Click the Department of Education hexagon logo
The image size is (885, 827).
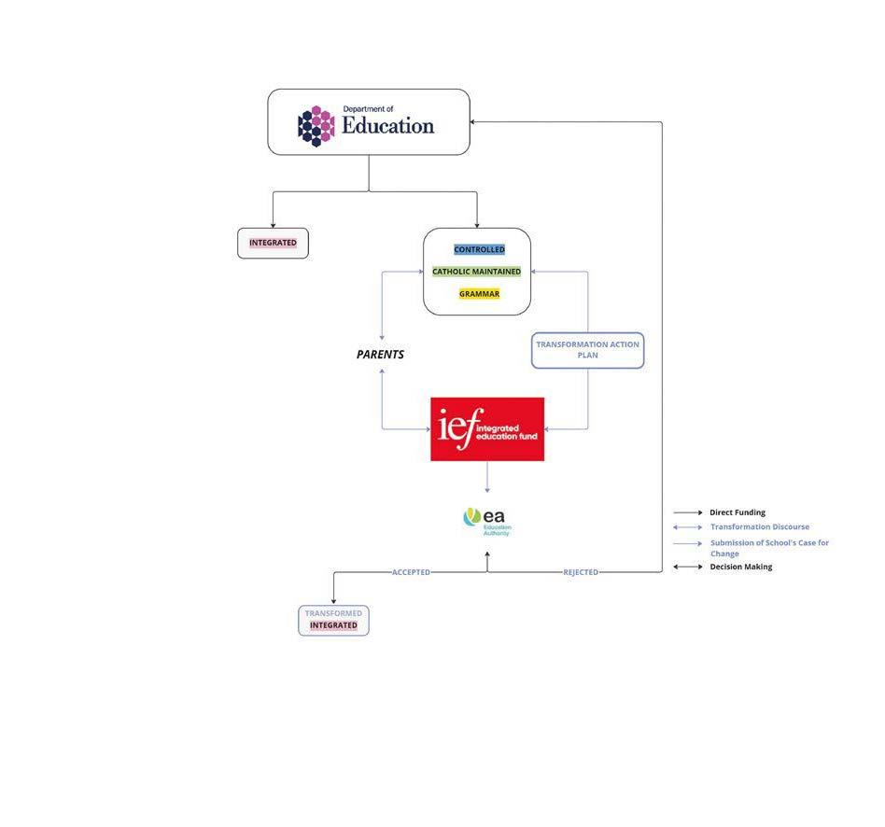(x=316, y=126)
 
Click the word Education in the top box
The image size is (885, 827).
(x=387, y=126)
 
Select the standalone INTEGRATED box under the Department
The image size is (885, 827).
(x=273, y=243)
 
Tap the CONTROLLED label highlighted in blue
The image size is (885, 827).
(x=479, y=249)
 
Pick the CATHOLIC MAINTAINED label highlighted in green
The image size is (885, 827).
(x=476, y=272)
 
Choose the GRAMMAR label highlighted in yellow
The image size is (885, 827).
(x=479, y=294)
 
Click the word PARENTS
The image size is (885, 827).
(x=380, y=355)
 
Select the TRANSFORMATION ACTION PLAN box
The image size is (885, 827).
(x=587, y=350)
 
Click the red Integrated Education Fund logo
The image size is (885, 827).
(x=487, y=429)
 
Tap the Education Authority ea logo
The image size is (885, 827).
(x=487, y=520)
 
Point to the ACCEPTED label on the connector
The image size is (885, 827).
(x=411, y=572)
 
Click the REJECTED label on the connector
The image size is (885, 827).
(x=581, y=572)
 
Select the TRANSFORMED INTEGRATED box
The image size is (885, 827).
(x=333, y=620)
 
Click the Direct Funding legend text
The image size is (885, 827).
(x=737, y=512)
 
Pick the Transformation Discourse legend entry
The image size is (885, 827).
(x=759, y=527)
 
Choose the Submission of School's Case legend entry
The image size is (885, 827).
(x=768, y=548)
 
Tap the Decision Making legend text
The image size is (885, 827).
(x=740, y=567)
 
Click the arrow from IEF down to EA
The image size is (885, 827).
(x=487, y=477)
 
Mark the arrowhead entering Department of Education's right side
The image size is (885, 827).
(x=473, y=122)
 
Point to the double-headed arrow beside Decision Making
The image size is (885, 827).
(x=688, y=567)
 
